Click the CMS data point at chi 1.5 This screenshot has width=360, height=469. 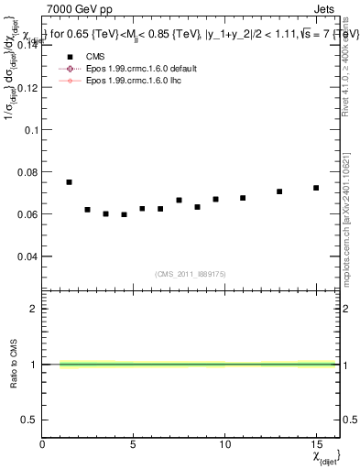coord(70,182)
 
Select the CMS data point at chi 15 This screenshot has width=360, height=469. coord(316,188)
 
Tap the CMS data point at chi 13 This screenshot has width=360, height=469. coord(279,191)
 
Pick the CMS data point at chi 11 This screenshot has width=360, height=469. coord(243,198)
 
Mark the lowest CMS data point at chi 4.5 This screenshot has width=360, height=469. coord(124,214)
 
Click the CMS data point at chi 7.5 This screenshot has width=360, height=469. coord(179,200)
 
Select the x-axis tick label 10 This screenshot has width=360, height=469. coord(225,444)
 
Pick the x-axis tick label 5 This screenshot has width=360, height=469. coord(134,444)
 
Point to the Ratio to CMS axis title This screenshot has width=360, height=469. coord(13,364)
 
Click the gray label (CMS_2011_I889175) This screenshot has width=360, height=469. coord(191,273)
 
